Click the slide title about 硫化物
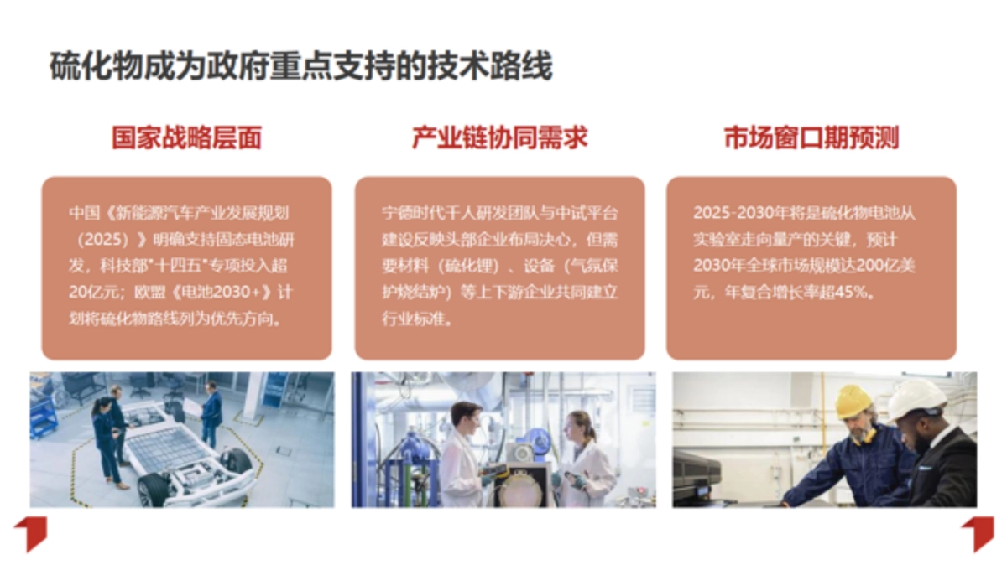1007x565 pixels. (300, 66)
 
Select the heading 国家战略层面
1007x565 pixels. (186, 137)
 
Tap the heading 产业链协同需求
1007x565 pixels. (499, 137)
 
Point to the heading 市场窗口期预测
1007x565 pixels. (811, 137)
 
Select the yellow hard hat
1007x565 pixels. (853, 401)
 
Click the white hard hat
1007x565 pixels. (916, 397)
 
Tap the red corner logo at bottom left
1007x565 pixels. (30, 532)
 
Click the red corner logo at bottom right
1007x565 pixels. (978, 532)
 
